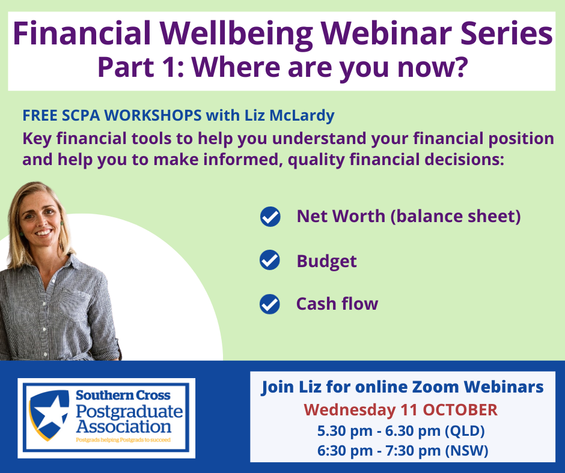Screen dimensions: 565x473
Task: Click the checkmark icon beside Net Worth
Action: [270, 217]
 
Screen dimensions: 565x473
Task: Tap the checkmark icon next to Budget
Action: [269, 260]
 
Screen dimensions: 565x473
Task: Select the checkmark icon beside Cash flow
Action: [269, 304]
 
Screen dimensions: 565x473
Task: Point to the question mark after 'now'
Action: [461, 66]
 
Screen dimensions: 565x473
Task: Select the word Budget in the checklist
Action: [326, 261]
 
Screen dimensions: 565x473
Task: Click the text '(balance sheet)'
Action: [456, 216]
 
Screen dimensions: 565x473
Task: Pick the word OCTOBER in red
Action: [460, 410]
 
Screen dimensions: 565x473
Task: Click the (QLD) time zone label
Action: [465, 431]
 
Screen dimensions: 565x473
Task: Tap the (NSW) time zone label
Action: [466, 451]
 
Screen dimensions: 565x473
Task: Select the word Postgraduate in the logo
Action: [129, 411]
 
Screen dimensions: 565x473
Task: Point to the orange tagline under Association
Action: [123, 440]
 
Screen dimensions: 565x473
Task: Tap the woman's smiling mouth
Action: [44, 233]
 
